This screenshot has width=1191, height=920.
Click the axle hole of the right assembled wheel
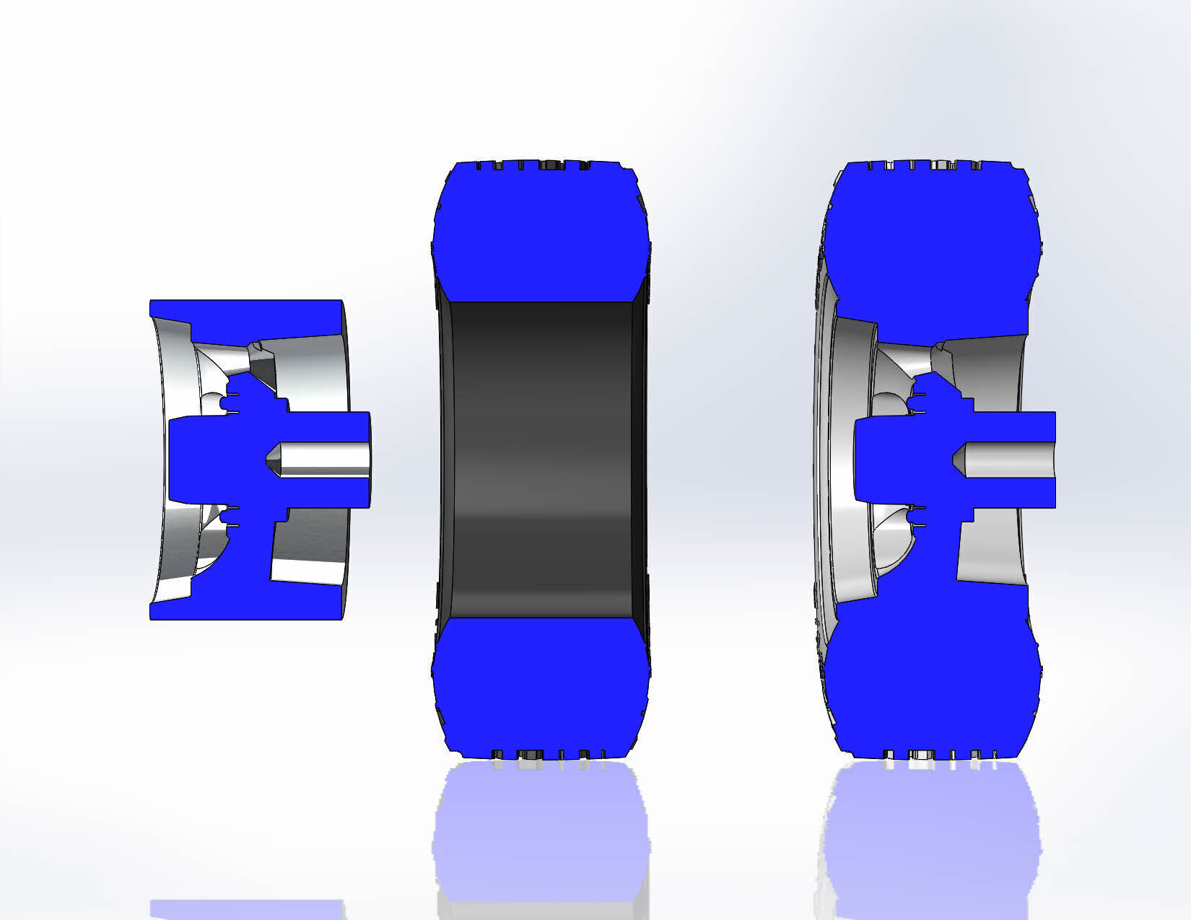1011,460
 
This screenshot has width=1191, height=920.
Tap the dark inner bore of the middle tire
541,460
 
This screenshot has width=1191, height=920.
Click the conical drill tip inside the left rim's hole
274,460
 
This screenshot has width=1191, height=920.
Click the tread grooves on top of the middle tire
541,165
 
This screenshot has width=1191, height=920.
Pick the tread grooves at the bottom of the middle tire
541,755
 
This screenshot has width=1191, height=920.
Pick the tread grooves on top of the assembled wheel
931,165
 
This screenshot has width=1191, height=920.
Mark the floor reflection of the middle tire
541,830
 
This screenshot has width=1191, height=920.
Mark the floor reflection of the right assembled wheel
931,830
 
